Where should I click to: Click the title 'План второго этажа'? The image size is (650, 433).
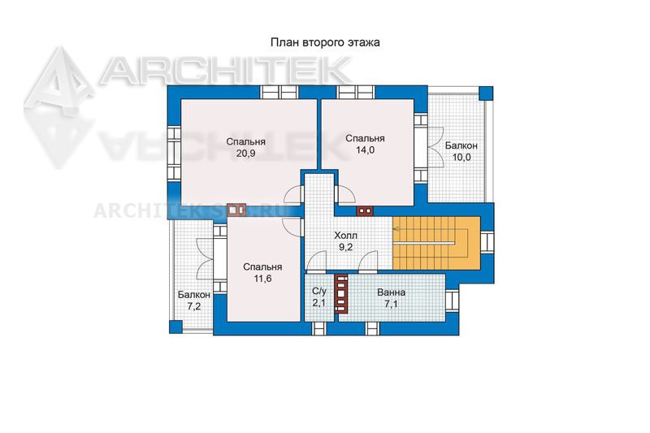tap(325, 43)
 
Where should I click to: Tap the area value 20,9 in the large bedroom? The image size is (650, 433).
tap(246, 154)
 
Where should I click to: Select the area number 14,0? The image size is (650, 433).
tap(365, 150)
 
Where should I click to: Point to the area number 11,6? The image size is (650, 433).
tap(262, 279)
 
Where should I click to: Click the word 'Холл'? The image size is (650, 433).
tap(346, 236)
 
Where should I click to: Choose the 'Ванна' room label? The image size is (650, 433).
tap(391, 292)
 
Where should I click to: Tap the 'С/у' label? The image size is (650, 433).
tap(319, 292)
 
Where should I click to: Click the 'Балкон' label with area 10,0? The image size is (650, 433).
tap(461, 146)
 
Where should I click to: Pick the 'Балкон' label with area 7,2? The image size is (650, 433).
tap(194, 295)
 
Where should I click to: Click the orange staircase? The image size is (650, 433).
tap(436, 243)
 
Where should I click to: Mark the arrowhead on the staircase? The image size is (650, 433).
tap(396, 229)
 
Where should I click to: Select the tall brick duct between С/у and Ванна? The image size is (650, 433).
tap(341, 294)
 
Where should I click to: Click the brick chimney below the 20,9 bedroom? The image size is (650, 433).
tap(236, 210)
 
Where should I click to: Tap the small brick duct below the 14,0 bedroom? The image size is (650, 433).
tap(365, 211)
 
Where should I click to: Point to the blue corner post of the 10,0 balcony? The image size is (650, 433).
tap(486, 93)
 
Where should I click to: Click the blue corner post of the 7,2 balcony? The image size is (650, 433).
tap(175, 327)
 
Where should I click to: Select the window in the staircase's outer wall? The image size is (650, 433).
tap(487, 242)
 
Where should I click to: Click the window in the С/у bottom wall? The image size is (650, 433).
tap(319, 327)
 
